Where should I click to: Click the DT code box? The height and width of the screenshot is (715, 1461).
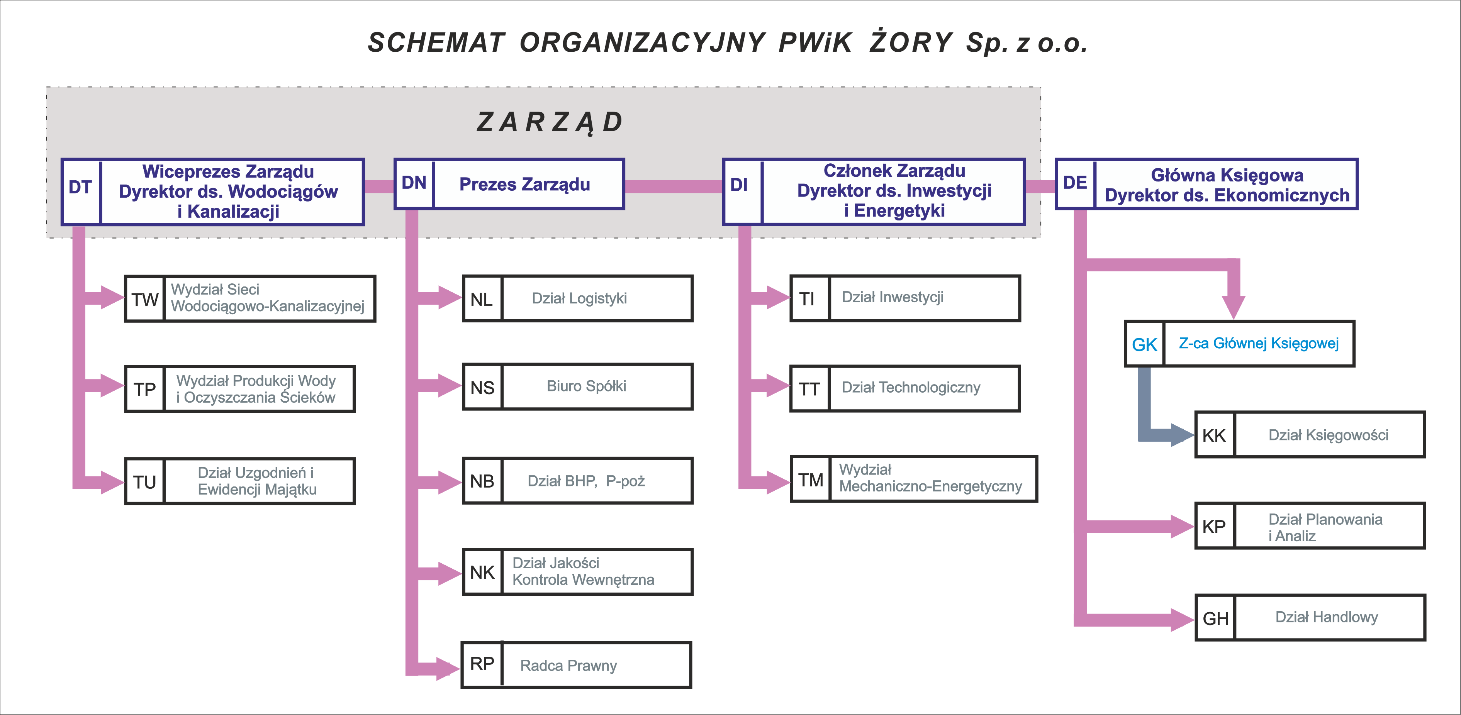click(81, 191)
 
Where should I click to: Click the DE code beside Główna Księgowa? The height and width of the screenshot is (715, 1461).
click(1075, 183)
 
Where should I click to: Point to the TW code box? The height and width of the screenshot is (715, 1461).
click(144, 299)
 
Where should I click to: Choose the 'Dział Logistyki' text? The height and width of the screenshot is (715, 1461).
click(579, 298)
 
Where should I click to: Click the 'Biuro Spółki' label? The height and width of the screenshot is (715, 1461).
click(586, 386)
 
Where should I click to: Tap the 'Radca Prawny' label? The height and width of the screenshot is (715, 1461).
click(568, 666)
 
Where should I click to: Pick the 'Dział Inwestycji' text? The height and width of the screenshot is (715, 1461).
click(893, 297)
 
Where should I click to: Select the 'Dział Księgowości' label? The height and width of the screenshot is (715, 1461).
click(1328, 435)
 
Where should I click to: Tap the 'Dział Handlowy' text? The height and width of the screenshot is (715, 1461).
click(1327, 617)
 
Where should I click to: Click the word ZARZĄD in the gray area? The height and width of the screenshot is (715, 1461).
click(550, 122)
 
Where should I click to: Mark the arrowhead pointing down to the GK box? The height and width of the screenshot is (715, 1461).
click(1234, 307)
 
